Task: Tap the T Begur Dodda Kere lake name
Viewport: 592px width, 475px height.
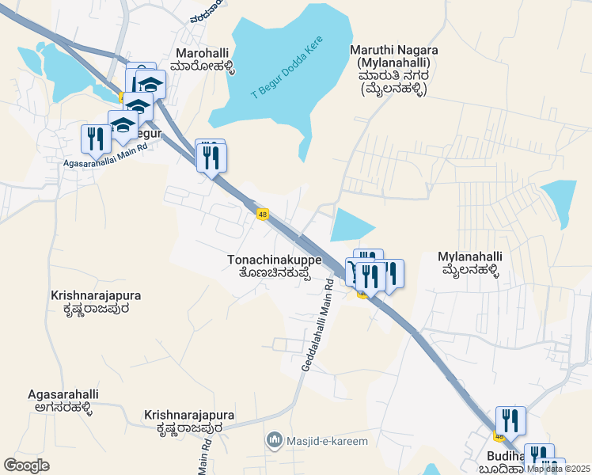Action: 283,71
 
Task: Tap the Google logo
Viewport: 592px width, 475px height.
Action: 26,465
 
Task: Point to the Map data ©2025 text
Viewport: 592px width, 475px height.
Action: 559,468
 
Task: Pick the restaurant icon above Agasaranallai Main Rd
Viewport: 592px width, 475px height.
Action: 96,139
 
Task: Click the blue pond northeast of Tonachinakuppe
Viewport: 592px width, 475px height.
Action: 351,225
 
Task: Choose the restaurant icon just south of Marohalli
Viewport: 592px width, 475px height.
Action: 211,157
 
